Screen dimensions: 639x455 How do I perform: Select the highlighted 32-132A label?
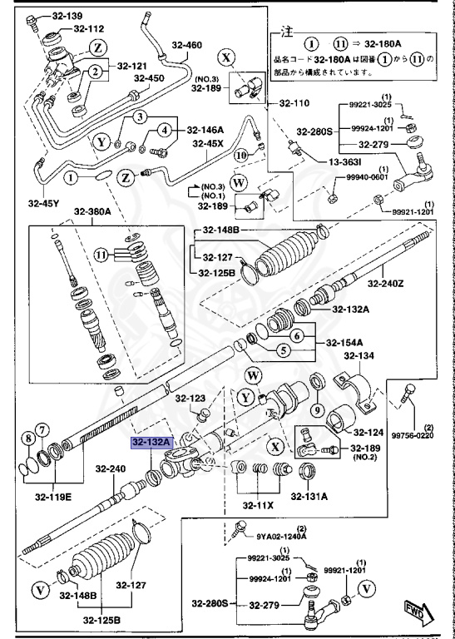pos(151,443)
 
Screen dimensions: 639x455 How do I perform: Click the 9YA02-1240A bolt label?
pos(281,537)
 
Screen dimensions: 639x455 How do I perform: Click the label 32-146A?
pos(205,130)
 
